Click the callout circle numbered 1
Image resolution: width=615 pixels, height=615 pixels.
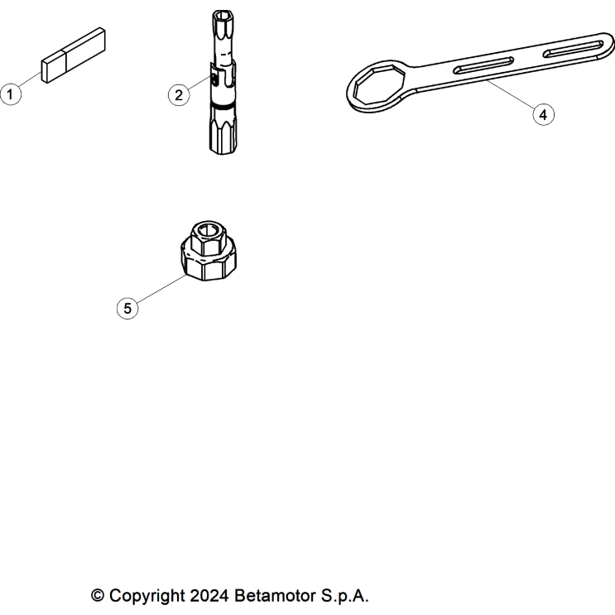(x=11, y=94)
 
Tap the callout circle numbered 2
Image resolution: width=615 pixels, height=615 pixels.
(x=179, y=95)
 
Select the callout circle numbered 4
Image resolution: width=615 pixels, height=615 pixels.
(x=543, y=114)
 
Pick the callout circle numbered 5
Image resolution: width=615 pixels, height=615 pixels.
(x=127, y=308)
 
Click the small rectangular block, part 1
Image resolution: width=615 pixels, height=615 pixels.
(x=74, y=55)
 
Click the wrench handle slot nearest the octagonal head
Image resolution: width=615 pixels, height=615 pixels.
(x=483, y=65)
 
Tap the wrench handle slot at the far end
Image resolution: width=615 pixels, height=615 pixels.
(x=573, y=49)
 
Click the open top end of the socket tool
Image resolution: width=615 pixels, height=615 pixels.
(x=223, y=16)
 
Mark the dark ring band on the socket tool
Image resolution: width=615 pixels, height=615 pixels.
(x=223, y=104)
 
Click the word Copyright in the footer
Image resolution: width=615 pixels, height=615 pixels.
(x=147, y=595)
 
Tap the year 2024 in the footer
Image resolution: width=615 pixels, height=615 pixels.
(x=209, y=595)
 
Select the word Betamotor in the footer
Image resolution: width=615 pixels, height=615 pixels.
(x=275, y=595)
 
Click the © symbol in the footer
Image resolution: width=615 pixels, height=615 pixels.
(x=98, y=595)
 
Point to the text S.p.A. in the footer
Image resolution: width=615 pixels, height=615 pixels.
(x=345, y=595)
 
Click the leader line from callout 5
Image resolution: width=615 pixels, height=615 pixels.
(x=161, y=289)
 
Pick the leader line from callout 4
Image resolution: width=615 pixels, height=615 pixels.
(x=511, y=94)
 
